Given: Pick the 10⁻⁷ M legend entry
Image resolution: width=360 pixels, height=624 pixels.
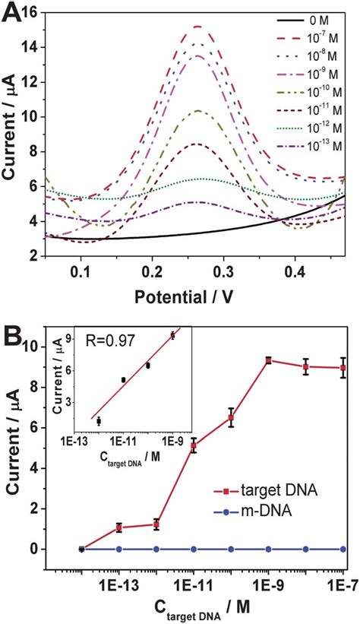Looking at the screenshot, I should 322,34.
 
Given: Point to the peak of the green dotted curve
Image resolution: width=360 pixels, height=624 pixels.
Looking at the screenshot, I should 201,179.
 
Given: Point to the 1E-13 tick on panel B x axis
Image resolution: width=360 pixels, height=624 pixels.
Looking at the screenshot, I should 118,582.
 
